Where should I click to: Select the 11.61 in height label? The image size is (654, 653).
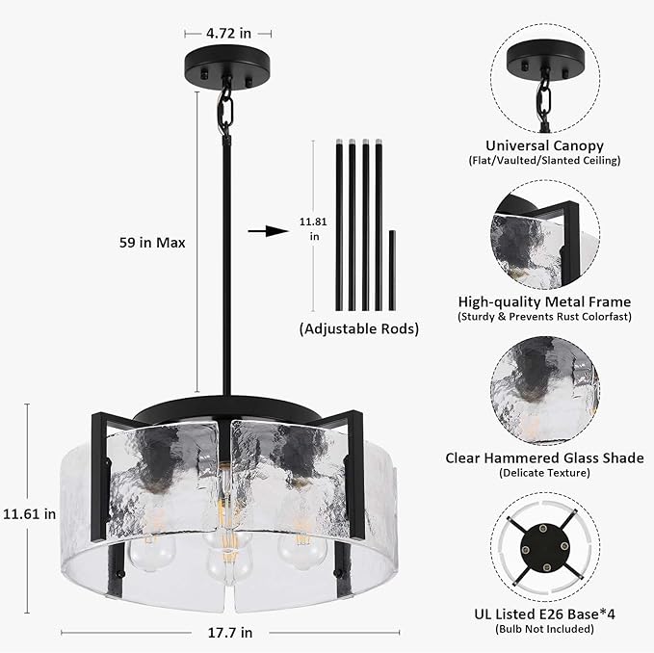29,513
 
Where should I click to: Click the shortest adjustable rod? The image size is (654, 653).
391,271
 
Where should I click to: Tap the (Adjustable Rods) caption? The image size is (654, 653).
358,328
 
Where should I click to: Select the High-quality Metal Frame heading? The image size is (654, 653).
544,300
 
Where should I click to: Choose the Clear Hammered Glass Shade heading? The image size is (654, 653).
544,457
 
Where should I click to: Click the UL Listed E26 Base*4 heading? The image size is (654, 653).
544,614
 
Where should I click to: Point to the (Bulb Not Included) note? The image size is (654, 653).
544,629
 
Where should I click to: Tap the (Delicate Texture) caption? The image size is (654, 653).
544,473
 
